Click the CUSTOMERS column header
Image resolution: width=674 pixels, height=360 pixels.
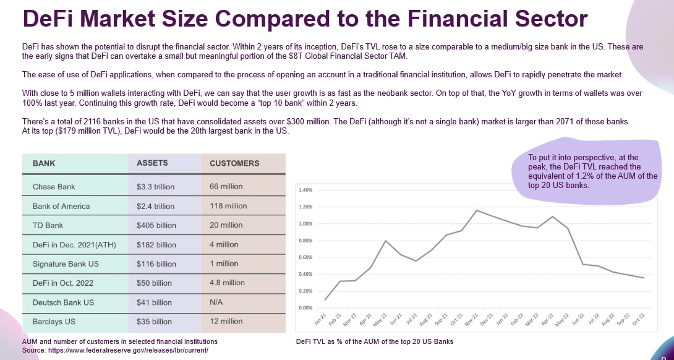pos(234,163)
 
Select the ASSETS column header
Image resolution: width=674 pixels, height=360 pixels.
pos(152,163)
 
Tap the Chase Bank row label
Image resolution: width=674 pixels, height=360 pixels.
pos(54,186)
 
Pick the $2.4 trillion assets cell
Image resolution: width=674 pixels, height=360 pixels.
pos(155,206)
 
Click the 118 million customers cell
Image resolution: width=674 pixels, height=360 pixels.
pos(228,206)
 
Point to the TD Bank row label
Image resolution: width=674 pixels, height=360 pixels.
pos(48,225)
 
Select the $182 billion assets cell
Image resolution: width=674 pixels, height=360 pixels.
pos(156,244)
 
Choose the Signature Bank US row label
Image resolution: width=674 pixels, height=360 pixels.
pos(66,264)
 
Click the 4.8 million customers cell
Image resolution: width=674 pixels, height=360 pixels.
pos(227,283)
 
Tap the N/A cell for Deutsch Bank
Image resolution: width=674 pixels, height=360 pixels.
pos(217,302)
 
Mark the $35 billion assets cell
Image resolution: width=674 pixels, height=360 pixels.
pos(154,322)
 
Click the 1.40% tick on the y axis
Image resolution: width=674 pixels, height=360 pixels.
pos(305,190)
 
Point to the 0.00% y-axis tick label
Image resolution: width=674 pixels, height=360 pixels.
pos(305,307)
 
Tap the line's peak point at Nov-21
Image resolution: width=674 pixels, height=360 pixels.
pos(476,210)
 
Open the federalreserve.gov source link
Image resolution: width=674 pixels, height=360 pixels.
pos(115,350)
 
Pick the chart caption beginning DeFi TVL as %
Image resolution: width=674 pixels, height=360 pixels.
pos(375,341)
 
